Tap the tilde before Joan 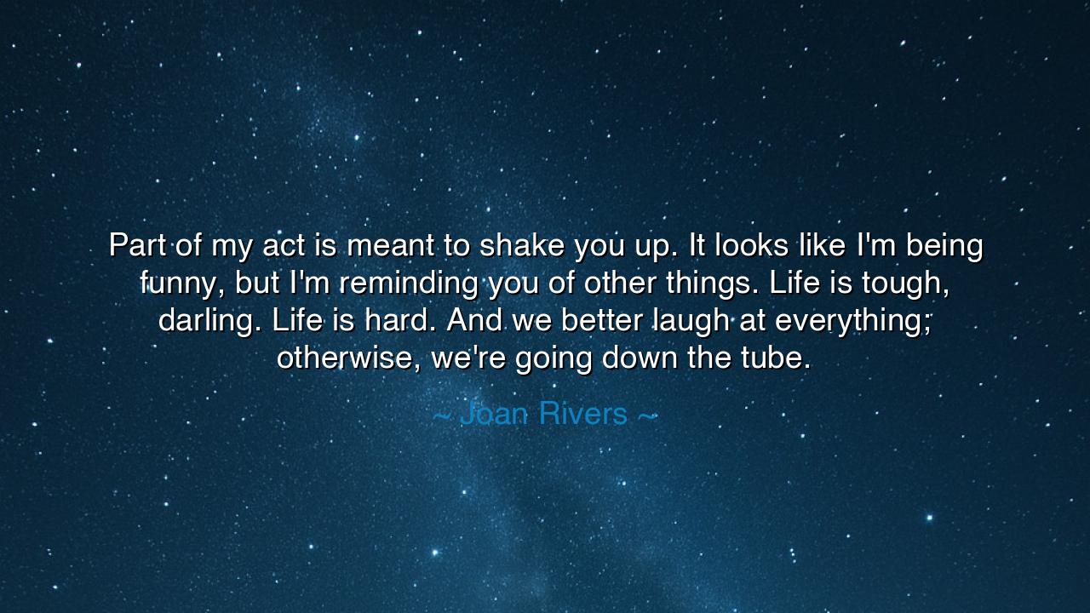click(442, 415)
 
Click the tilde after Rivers click(647, 415)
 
